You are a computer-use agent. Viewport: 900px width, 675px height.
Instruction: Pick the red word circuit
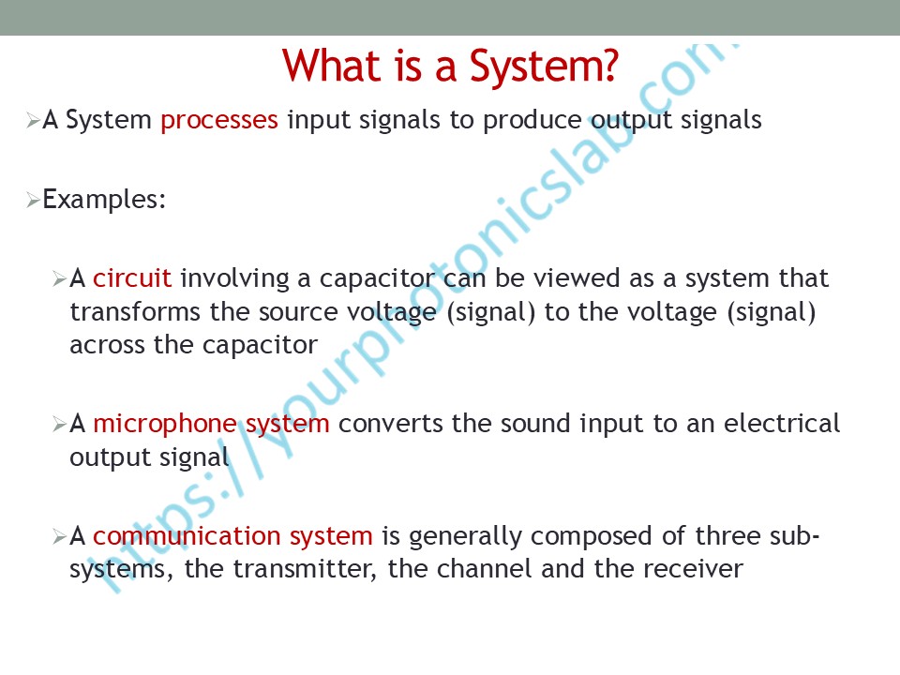pos(132,278)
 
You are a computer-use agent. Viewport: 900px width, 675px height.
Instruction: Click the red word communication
pos(187,536)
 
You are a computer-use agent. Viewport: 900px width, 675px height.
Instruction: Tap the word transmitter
pos(305,569)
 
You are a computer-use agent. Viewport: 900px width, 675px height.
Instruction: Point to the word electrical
pos(782,424)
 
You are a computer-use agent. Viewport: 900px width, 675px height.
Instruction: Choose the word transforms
pos(135,312)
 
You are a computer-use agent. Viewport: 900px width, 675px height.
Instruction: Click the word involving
pos(234,279)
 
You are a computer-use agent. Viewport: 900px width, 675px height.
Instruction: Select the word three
pos(727,536)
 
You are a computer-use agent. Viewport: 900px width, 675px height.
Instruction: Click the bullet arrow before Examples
pos(33,201)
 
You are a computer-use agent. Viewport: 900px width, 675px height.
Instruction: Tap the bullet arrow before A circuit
pos(60,279)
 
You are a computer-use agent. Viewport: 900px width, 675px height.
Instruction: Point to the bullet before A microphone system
pos(60,425)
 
